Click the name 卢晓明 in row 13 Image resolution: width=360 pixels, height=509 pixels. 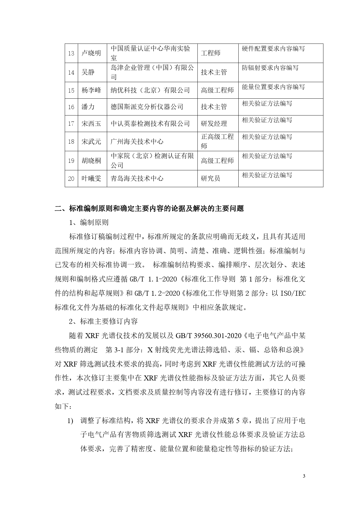[91, 53]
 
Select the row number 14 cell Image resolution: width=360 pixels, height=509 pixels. [71, 72]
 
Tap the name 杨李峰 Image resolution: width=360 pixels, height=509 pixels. [91, 90]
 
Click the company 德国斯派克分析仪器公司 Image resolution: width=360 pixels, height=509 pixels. [147, 107]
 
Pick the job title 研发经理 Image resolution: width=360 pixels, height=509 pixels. [214, 124]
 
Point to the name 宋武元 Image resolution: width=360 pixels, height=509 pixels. [91, 142]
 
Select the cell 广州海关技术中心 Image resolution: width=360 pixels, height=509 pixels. [137, 142]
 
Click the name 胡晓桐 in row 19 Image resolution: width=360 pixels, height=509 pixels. [91, 160]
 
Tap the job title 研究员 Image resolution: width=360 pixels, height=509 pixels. [210, 178]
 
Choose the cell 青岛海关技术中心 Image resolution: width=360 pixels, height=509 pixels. [137, 178]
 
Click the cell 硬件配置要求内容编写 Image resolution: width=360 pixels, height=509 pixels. [273, 49]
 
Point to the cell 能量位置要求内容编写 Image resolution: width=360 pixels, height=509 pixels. [273, 87]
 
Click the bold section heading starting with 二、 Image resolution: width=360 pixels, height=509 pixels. [149, 208]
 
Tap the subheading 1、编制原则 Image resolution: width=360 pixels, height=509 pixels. [89, 223]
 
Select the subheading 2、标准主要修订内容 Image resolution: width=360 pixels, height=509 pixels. [103, 321]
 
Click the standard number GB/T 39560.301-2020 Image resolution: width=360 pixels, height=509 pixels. [208, 336]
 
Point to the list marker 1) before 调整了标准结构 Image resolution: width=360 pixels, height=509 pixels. [70, 421]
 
